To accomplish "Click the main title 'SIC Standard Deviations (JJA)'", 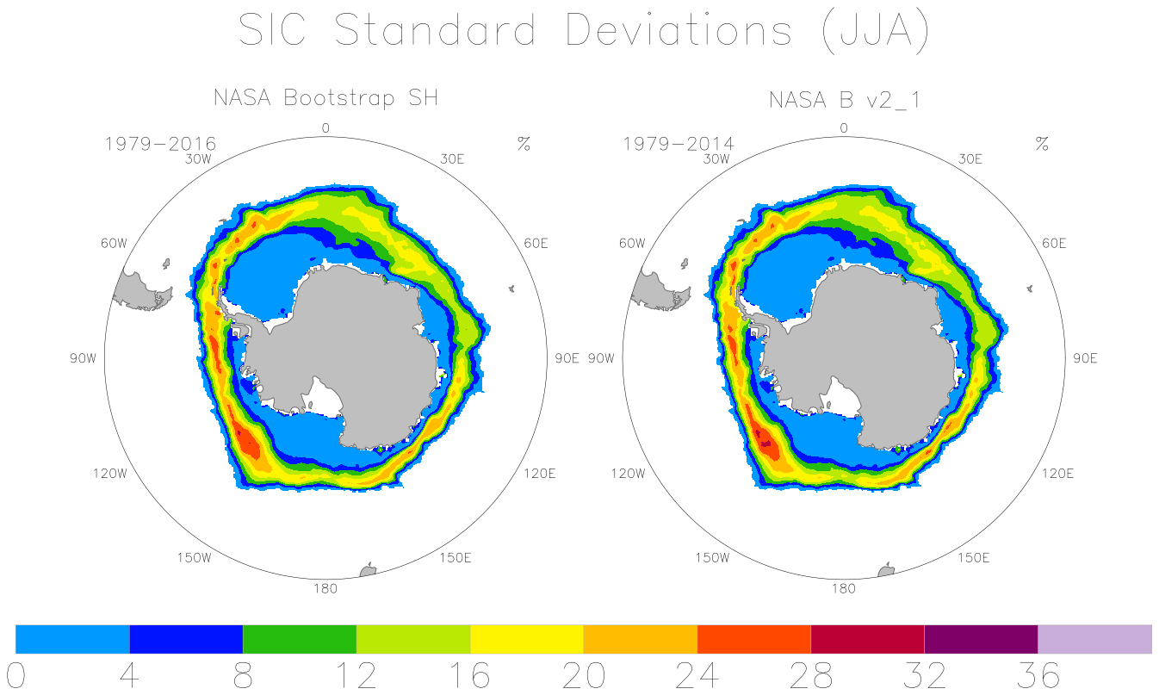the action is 584,31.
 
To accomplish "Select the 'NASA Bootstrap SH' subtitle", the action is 326,98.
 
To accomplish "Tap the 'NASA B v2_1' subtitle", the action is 845,100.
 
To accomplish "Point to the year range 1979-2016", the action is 160,143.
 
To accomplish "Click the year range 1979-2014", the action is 679,143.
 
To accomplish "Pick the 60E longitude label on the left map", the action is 536,243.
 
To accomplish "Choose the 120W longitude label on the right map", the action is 628,474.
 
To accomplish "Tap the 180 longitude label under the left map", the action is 325,588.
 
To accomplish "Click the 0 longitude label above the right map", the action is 844,127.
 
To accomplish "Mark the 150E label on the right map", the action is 973,558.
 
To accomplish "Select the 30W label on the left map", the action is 198,158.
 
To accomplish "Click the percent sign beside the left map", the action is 524,143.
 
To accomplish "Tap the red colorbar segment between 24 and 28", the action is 754,639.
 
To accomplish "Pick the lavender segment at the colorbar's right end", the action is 1094,639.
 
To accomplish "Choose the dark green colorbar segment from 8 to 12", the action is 300,639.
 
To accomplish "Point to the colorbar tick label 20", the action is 584,675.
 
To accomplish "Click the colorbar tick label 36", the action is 1038,675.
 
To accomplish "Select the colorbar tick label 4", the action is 129,675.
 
